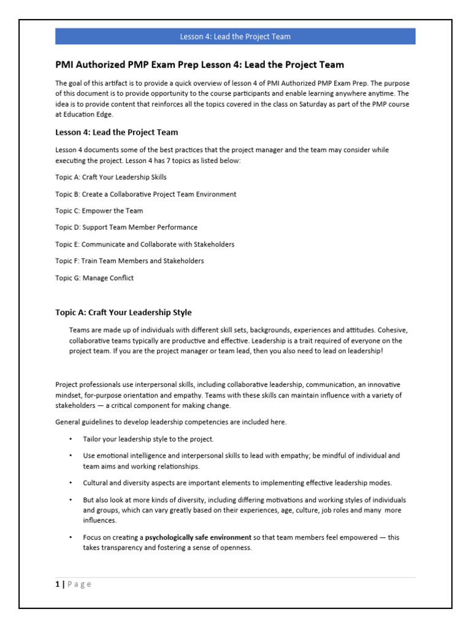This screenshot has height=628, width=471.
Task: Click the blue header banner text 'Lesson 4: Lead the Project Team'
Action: click(x=235, y=37)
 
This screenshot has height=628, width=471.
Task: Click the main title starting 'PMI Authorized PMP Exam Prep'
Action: click(x=199, y=64)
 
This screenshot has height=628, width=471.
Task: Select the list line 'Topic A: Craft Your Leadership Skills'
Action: click(x=111, y=177)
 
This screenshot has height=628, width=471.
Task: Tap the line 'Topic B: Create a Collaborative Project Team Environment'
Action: click(x=145, y=194)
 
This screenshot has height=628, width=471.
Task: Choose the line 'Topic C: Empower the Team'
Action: click(x=99, y=211)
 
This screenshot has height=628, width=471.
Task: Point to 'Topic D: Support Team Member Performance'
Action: click(x=126, y=228)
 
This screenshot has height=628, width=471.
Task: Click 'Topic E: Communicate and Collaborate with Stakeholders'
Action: click(x=145, y=244)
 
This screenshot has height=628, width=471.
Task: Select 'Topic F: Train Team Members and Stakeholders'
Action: click(x=129, y=261)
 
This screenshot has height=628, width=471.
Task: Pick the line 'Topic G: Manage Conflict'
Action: click(x=94, y=278)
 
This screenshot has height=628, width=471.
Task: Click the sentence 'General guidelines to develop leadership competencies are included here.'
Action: click(x=171, y=422)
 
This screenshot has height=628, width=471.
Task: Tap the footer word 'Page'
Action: click(x=79, y=584)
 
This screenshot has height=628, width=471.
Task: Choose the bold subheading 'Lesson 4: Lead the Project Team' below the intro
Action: click(x=117, y=132)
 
